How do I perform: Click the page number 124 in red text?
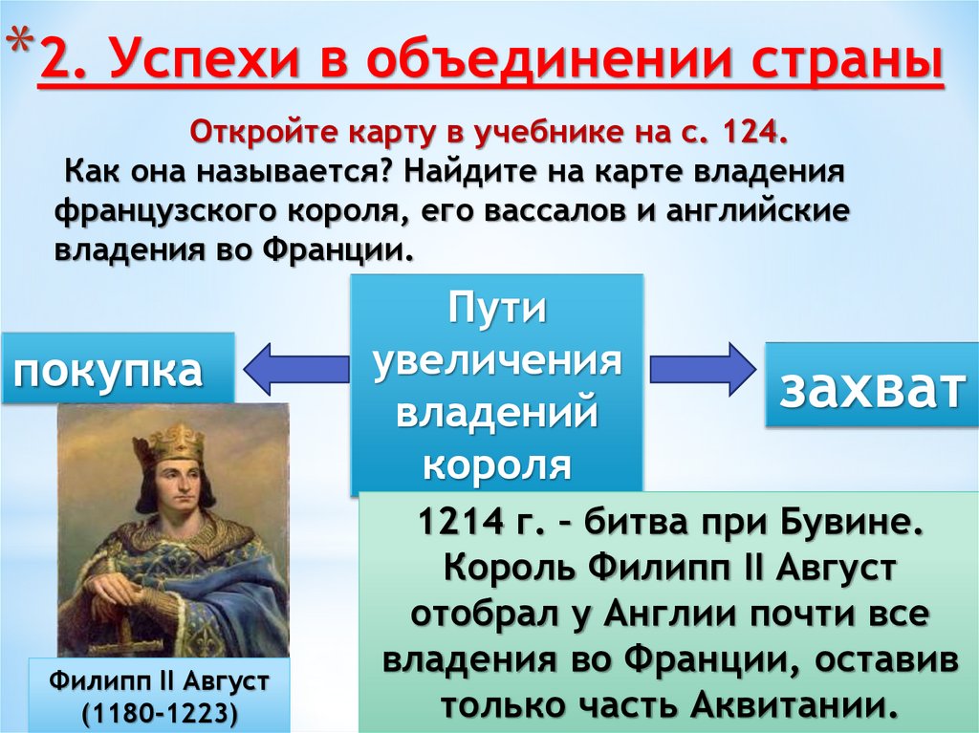pos(753,131)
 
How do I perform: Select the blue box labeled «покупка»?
pos(118,368)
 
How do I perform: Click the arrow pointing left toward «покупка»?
pos(294,369)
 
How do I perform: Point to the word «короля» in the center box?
pos(496,464)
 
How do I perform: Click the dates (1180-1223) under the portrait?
pos(160,712)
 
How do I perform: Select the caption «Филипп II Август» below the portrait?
pos(160,682)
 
